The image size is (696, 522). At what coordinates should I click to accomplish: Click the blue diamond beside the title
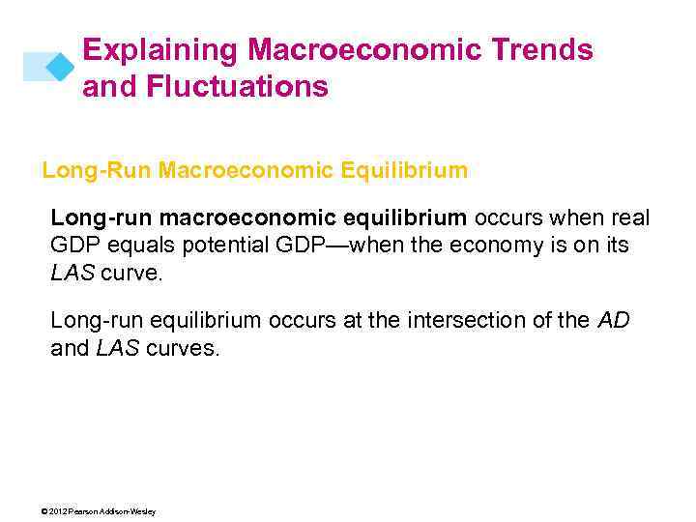click(60, 66)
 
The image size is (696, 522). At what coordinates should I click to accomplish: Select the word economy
click(478, 246)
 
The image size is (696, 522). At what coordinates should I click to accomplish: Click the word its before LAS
click(617, 246)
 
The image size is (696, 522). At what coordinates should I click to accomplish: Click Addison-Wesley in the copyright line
click(130, 511)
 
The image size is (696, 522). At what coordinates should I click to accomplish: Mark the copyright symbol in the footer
click(45, 511)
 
